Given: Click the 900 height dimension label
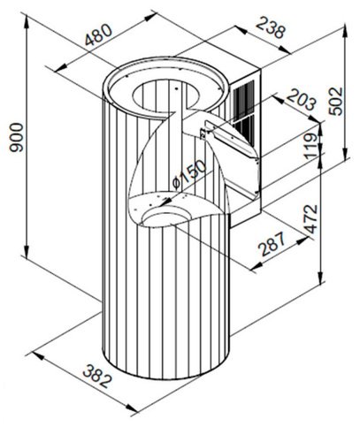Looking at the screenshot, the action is click(16, 137).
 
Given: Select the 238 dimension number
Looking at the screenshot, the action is click(271, 28).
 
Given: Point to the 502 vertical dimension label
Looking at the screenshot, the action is click(336, 101).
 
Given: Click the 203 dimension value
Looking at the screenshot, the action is click(302, 100).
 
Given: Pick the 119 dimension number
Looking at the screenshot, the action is click(311, 146).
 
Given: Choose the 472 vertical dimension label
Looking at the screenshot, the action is click(311, 218).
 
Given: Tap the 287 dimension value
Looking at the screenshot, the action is click(272, 243).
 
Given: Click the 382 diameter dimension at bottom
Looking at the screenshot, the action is click(97, 376).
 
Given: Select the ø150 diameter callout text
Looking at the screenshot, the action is click(189, 174).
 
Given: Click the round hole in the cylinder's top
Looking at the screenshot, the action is click(166, 95).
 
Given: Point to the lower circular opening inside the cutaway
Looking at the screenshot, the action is click(167, 217).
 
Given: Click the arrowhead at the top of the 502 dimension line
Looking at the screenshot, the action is click(347, 32).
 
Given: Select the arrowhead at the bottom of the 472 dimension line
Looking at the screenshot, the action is click(321, 278).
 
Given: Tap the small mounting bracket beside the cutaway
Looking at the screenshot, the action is click(203, 133).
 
